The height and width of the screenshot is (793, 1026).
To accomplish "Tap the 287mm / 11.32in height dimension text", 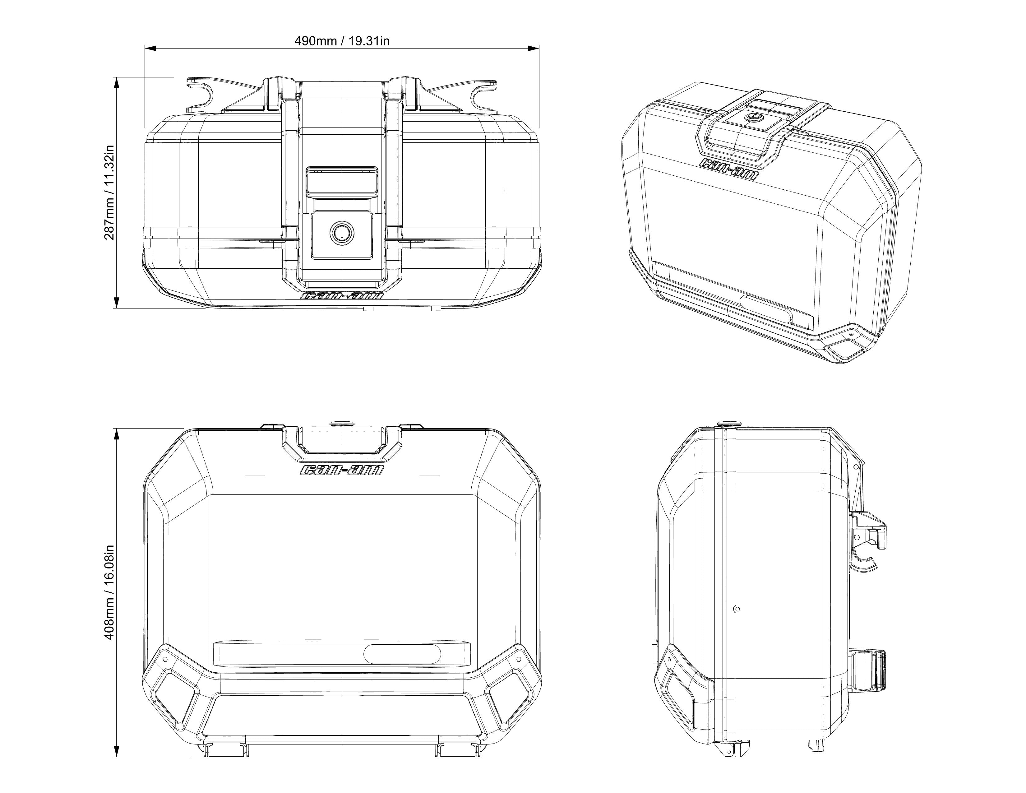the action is [109, 192].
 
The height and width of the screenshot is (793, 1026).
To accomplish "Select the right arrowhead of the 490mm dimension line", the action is [533, 48].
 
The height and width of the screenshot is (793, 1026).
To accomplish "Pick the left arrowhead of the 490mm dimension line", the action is [150, 48].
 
